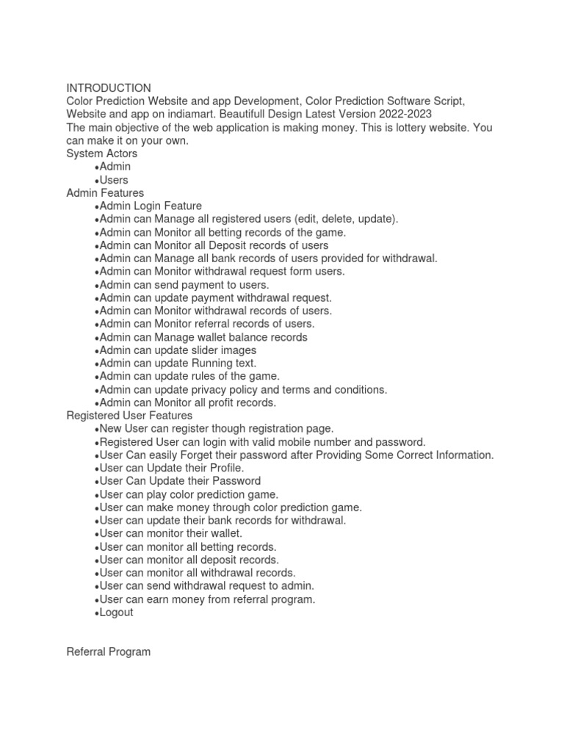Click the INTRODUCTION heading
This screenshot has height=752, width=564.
pos(109,88)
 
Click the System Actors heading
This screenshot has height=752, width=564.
pos(101,153)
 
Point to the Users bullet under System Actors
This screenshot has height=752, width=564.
pos(113,180)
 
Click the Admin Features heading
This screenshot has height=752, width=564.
pos(105,193)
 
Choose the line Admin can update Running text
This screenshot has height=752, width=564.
pos(178,364)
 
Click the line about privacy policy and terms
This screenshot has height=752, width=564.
pos(242,390)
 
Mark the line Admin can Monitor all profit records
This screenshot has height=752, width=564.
pos(187,403)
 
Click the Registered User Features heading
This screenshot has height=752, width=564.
pos(129,416)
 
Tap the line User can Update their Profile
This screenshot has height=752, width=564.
pos(171,468)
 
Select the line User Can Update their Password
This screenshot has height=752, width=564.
pos(179,481)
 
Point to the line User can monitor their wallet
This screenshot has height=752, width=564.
pos(170,534)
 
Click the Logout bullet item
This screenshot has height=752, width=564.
pos(116,612)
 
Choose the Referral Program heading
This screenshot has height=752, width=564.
pos(108,652)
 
